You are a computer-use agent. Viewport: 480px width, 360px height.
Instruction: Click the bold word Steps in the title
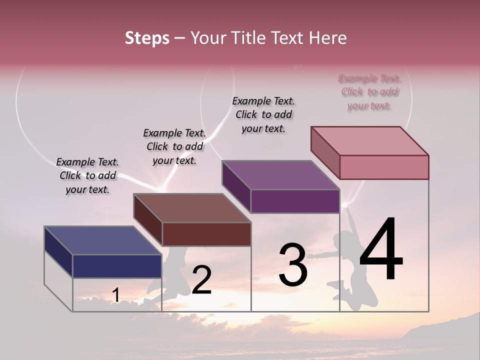pos(147,38)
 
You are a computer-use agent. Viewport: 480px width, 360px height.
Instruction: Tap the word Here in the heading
pos(327,38)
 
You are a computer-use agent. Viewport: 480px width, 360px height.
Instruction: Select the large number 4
pos(381,250)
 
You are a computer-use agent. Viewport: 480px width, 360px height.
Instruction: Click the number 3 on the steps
pos(293,265)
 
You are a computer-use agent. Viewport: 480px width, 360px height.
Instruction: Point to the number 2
pos(201,280)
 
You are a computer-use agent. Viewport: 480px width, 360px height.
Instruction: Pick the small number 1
pos(115,295)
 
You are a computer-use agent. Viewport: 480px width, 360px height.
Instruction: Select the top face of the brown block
pos(192,208)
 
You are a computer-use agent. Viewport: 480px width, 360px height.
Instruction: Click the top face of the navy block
pos(103,240)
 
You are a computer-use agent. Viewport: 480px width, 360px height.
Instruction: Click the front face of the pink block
pos(384,167)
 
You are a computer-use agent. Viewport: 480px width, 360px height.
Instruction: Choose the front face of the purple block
pos(295,201)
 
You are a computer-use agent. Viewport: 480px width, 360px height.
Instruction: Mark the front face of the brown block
pos(206,234)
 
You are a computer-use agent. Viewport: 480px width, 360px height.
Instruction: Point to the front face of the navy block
pos(117,266)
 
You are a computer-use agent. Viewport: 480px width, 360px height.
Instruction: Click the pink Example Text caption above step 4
pos(369,92)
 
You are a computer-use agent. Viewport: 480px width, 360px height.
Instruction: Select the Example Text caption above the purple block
pos(263,114)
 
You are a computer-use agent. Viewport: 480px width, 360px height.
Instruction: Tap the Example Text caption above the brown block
pos(174,146)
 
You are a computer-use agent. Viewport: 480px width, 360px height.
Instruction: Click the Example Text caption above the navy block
pos(87,175)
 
